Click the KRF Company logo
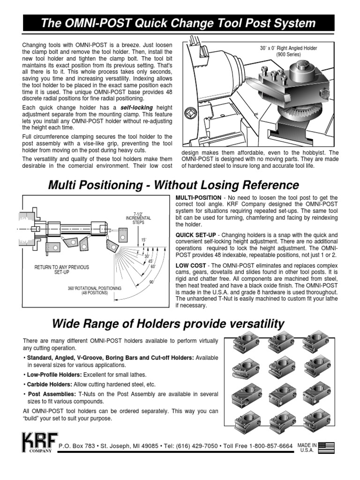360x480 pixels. point(39,442)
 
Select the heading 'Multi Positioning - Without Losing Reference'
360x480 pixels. point(173,184)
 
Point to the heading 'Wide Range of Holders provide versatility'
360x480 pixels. point(167,323)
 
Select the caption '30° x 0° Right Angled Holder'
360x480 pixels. point(289,48)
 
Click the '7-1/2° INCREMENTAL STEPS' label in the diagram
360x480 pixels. point(138,218)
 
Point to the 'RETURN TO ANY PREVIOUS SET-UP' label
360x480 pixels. point(61,270)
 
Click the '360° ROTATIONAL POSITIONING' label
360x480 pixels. point(94,288)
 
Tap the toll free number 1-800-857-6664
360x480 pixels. point(265,446)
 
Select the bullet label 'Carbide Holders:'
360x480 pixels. point(49,384)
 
